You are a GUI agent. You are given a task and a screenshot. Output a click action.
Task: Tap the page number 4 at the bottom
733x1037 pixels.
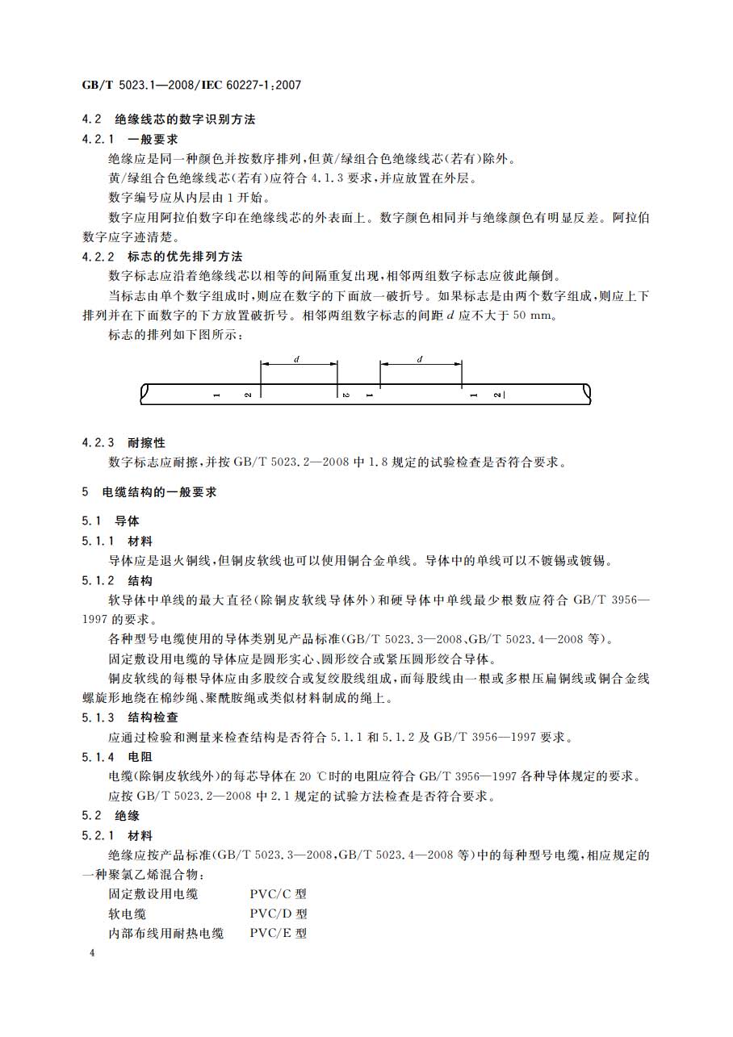coord(92,953)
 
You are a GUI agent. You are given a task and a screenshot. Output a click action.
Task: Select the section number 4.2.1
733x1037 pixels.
coord(98,139)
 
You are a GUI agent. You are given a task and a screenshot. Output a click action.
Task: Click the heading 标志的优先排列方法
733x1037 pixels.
coord(185,257)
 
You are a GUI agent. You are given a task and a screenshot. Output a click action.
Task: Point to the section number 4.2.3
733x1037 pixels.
coord(98,443)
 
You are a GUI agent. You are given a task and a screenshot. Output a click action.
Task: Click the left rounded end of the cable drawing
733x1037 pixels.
coord(145,394)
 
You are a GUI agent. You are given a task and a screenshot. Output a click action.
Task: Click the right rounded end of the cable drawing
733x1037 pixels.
coord(588,394)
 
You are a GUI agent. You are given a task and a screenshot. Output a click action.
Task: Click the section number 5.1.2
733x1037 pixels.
coord(98,580)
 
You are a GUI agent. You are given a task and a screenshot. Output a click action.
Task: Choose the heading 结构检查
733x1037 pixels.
coord(153,717)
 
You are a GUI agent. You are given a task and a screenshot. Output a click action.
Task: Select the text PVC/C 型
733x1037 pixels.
coord(278,894)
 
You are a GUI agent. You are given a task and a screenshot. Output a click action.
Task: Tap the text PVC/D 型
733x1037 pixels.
coord(278,914)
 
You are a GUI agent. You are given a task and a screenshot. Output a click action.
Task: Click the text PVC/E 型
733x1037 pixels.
coord(278,934)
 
